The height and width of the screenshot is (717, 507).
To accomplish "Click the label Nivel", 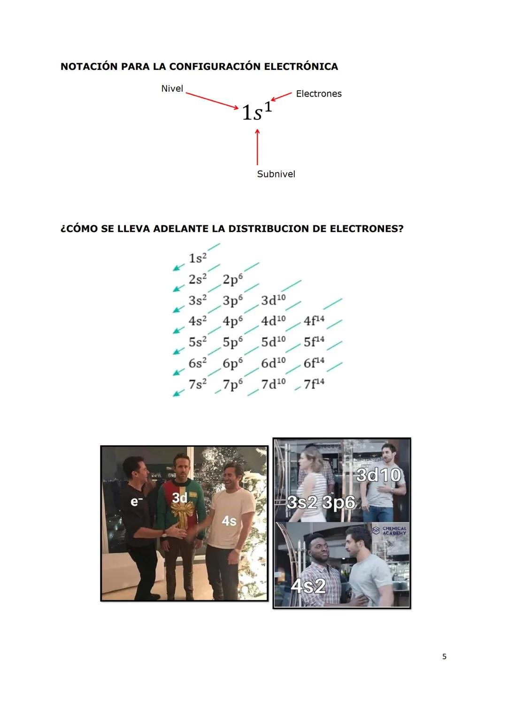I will [x=172, y=89].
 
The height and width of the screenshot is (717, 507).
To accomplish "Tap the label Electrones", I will [x=319, y=94].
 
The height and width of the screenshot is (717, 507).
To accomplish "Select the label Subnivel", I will [x=276, y=174].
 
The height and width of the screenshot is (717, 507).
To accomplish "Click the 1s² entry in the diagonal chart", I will [x=198, y=258].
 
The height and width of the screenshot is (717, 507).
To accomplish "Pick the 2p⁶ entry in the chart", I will [x=233, y=279].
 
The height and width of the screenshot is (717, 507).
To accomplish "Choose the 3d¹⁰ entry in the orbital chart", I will [x=273, y=300].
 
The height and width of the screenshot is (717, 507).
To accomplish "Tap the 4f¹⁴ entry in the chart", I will [x=314, y=321].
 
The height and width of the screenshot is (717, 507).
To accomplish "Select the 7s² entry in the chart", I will [x=198, y=384].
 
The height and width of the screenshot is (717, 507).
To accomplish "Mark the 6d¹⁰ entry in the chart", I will [x=273, y=363].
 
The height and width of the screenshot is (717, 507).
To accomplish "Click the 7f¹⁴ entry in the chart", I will [x=314, y=384].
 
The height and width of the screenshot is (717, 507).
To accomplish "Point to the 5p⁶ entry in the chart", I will [x=233, y=342].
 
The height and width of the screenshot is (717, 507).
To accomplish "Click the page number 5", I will [x=444, y=656].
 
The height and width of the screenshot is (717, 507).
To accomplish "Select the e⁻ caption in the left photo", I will [x=135, y=501].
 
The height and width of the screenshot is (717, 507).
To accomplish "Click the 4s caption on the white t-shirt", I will [x=229, y=521].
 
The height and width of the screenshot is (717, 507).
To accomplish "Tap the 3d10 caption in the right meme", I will [x=378, y=475].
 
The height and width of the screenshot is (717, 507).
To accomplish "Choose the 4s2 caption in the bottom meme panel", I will [x=308, y=586].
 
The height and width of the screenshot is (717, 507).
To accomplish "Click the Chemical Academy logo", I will [x=389, y=531].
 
